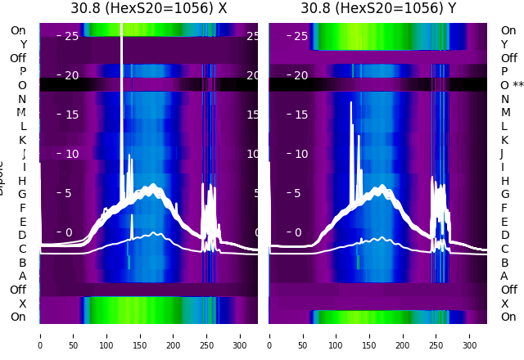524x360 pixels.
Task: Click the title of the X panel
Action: (148, 8)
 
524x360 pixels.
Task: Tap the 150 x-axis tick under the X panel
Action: (140, 335)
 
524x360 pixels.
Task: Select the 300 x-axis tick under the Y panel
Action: (470, 335)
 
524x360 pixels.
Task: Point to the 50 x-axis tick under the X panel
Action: (73, 335)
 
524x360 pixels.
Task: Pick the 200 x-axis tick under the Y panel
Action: (403, 335)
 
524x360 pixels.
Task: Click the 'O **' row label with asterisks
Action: (512, 85)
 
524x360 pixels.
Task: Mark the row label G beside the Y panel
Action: (504, 194)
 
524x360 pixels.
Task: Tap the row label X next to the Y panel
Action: (504, 304)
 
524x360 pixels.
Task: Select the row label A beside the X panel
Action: (22, 276)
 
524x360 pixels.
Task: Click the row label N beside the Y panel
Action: (504, 99)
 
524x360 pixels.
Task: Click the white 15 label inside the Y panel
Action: (300, 115)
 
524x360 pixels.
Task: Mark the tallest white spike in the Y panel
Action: (351, 103)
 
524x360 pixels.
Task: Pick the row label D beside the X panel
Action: (22, 235)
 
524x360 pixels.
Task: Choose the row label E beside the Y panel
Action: (504, 222)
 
